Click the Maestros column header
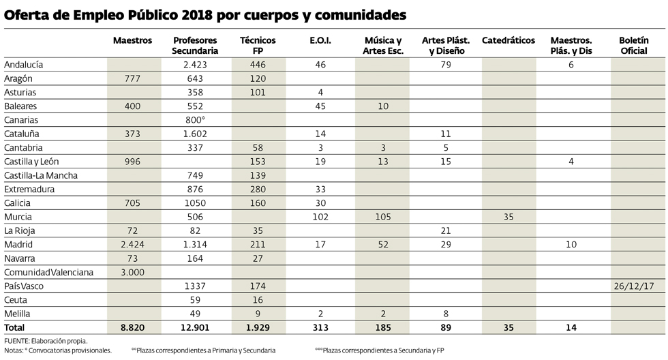[132, 41]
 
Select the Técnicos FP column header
[258, 46]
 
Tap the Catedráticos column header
[508, 41]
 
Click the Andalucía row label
[24, 65]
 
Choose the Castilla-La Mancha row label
[41, 175]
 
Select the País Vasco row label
[24, 286]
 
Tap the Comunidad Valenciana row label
[47, 272]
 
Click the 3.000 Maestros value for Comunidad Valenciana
[132, 272]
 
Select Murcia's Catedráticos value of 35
[508, 217]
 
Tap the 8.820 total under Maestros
[132, 328]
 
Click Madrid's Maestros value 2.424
[132, 245]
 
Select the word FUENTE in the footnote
[17, 340]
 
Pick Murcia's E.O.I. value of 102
[320, 217]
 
